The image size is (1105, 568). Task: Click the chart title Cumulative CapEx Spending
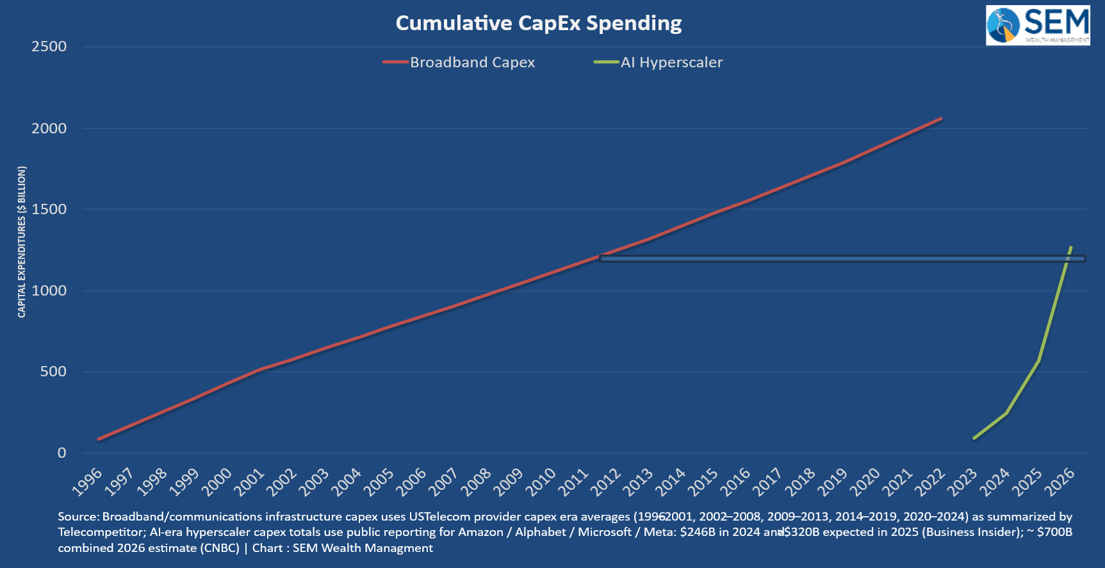tap(538, 23)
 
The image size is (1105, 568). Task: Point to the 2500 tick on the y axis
tap(49, 46)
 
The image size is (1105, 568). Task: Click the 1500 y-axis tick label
tap(49, 209)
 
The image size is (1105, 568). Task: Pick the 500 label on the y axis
tap(53, 372)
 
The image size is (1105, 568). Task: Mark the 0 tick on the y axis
tap(61, 453)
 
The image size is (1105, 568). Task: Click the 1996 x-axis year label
tap(88, 481)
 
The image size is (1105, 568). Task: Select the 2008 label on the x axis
tap(476, 481)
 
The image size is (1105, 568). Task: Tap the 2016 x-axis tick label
tap(735, 481)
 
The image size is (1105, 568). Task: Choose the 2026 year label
tap(1059, 481)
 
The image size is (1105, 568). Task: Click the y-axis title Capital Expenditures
tap(22, 242)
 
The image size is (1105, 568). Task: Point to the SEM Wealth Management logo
tap(1038, 26)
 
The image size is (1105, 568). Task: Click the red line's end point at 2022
tap(940, 119)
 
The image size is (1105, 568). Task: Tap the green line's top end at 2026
tap(1070, 247)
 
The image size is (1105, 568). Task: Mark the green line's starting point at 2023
tap(974, 439)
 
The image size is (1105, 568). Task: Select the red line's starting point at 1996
tap(99, 439)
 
